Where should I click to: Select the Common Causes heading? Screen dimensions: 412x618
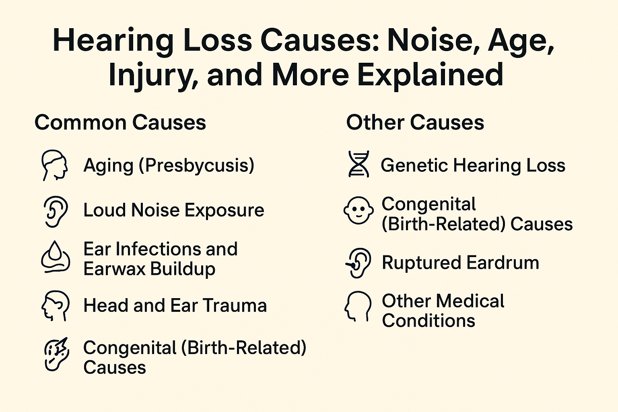click(x=120, y=122)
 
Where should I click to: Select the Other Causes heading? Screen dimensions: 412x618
click(x=415, y=122)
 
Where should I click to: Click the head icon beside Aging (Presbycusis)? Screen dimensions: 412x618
click(x=55, y=165)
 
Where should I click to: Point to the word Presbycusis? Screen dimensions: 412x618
click(x=197, y=165)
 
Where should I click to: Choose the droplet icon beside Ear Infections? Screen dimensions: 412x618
click(x=56, y=257)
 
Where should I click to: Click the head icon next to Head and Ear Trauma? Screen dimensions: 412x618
click(x=55, y=305)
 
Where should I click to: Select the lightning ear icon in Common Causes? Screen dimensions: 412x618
click(x=56, y=354)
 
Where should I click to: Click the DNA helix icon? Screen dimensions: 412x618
click(x=358, y=164)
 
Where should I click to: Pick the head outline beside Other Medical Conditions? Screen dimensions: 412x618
click(x=358, y=306)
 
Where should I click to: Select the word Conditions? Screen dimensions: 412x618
click(x=428, y=321)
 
